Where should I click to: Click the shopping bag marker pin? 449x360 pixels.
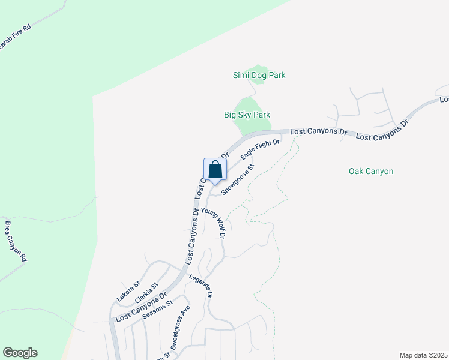click(215, 170)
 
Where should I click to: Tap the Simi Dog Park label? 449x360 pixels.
click(259, 76)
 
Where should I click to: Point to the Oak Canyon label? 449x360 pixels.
click(371, 172)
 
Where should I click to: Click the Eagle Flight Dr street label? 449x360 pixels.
click(260, 149)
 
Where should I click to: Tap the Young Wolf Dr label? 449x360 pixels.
click(213, 223)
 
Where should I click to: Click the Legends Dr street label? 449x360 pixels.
click(201, 286)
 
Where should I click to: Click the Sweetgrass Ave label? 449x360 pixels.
click(180, 327)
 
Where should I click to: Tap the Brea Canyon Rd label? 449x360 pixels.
click(16, 241)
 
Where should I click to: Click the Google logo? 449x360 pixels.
click(20, 353)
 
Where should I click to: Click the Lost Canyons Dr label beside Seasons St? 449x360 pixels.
click(140, 308)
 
